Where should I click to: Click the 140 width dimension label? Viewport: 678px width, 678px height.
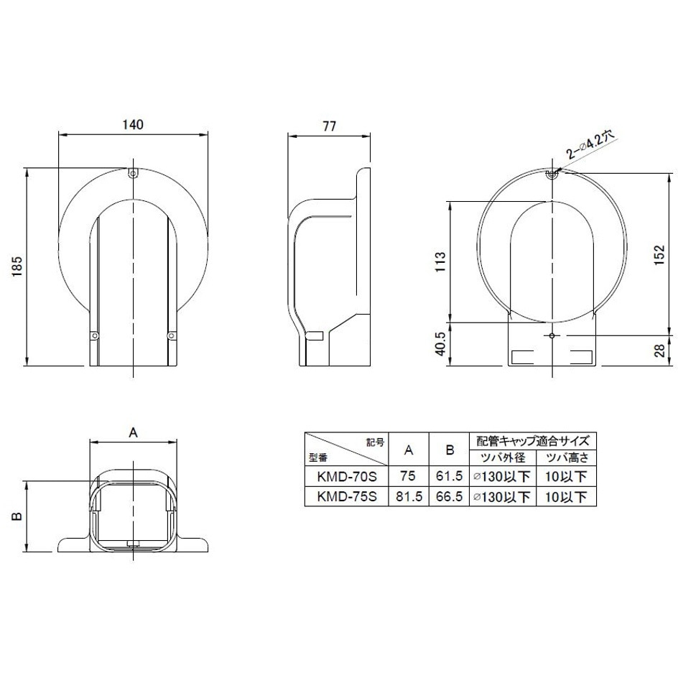[x=133, y=124]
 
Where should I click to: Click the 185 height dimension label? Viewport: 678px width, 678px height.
[x=17, y=266]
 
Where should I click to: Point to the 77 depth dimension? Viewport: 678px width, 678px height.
[x=329, y=126]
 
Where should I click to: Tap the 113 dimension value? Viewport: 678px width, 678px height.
[x=440, y=261]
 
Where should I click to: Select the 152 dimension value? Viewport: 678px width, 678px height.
[x=659, y=255]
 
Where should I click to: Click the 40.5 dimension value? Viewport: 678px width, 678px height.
[x=440, y=344]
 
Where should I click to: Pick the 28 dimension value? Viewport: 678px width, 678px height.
[x=659, y=350]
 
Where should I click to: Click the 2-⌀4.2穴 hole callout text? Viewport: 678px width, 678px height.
[x=590, y=145]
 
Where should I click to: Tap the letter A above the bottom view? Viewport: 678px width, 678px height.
[x=133, y=432]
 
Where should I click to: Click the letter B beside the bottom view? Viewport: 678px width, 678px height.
[x=17, y=516]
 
